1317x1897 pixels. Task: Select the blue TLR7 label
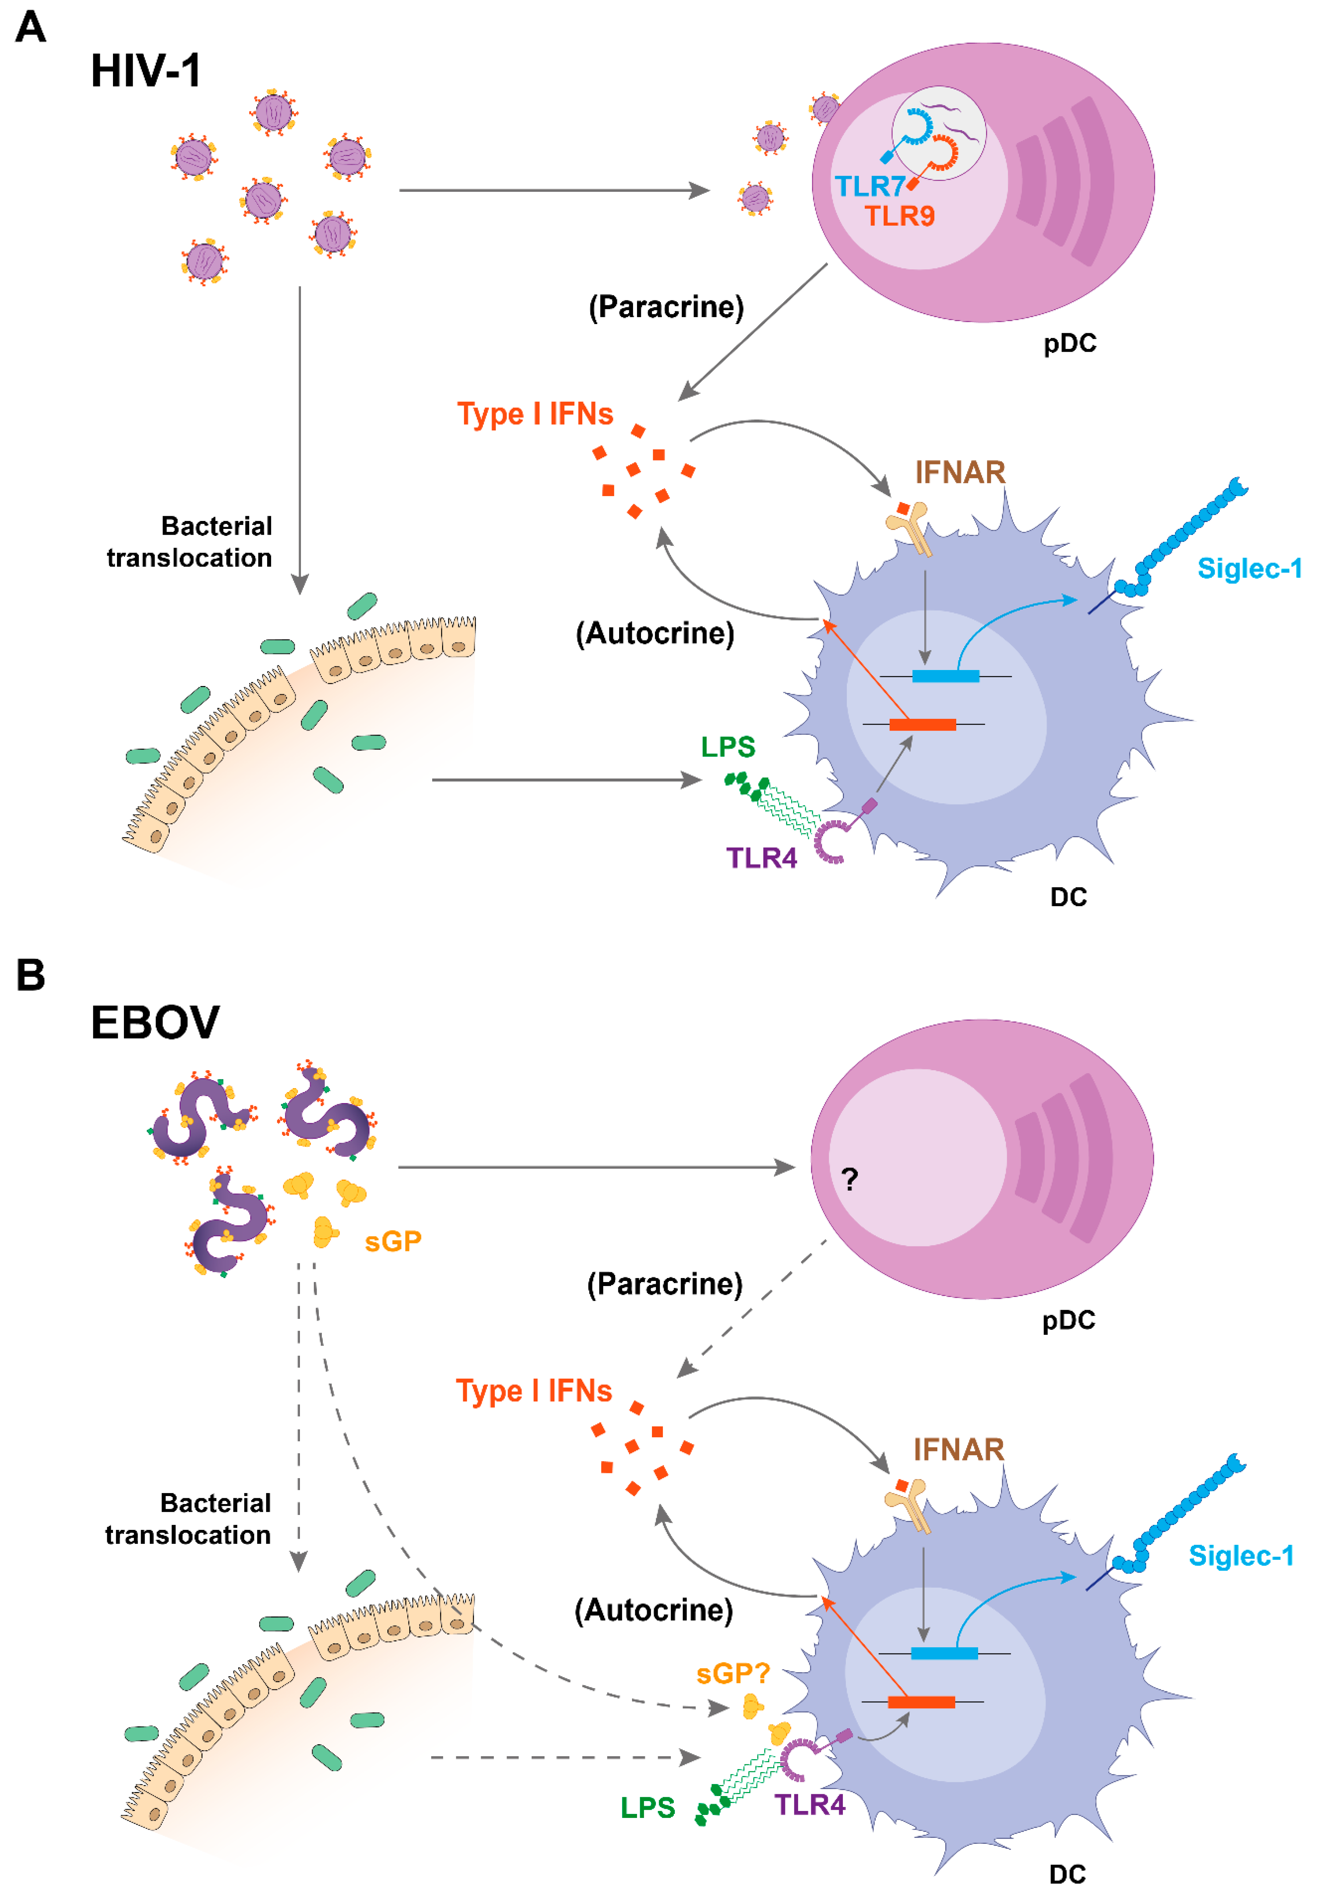(869, 187)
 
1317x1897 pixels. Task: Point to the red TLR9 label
(899, 216)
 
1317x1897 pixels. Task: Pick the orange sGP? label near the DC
(733, 1673)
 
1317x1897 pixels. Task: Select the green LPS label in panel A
(728, 747)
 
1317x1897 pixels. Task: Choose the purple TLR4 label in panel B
(809, 1806)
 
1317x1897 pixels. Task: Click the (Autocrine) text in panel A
(654, 633)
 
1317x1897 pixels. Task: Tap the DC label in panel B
(1067, 1874)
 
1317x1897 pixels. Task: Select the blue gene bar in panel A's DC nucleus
(946, 676)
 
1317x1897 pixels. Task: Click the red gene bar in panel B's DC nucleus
(921, 1702)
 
